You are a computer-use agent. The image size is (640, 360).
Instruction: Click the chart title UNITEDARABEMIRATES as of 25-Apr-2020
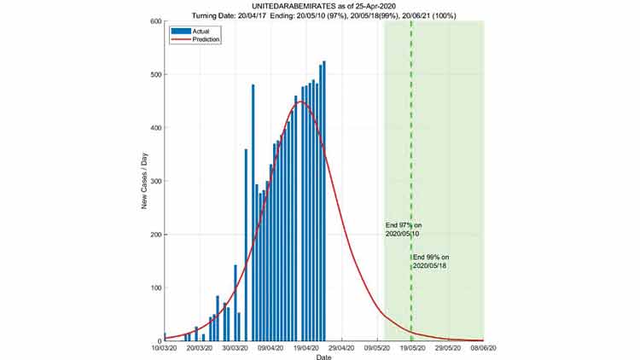coord(323,5)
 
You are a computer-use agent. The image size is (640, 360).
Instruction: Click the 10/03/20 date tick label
coord(165,348)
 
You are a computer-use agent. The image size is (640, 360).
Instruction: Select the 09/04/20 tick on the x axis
coord(271,348)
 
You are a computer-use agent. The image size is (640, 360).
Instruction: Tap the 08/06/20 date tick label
coord(483,348)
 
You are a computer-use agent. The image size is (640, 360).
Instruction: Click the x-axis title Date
coord(323,357)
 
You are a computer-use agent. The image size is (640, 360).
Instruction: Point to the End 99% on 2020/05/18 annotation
coord(431,261)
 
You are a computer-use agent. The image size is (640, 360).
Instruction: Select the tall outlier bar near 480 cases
coord(253,213)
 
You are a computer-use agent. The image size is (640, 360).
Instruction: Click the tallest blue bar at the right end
coord(324,201)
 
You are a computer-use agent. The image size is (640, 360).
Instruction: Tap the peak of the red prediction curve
coord(300,102)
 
